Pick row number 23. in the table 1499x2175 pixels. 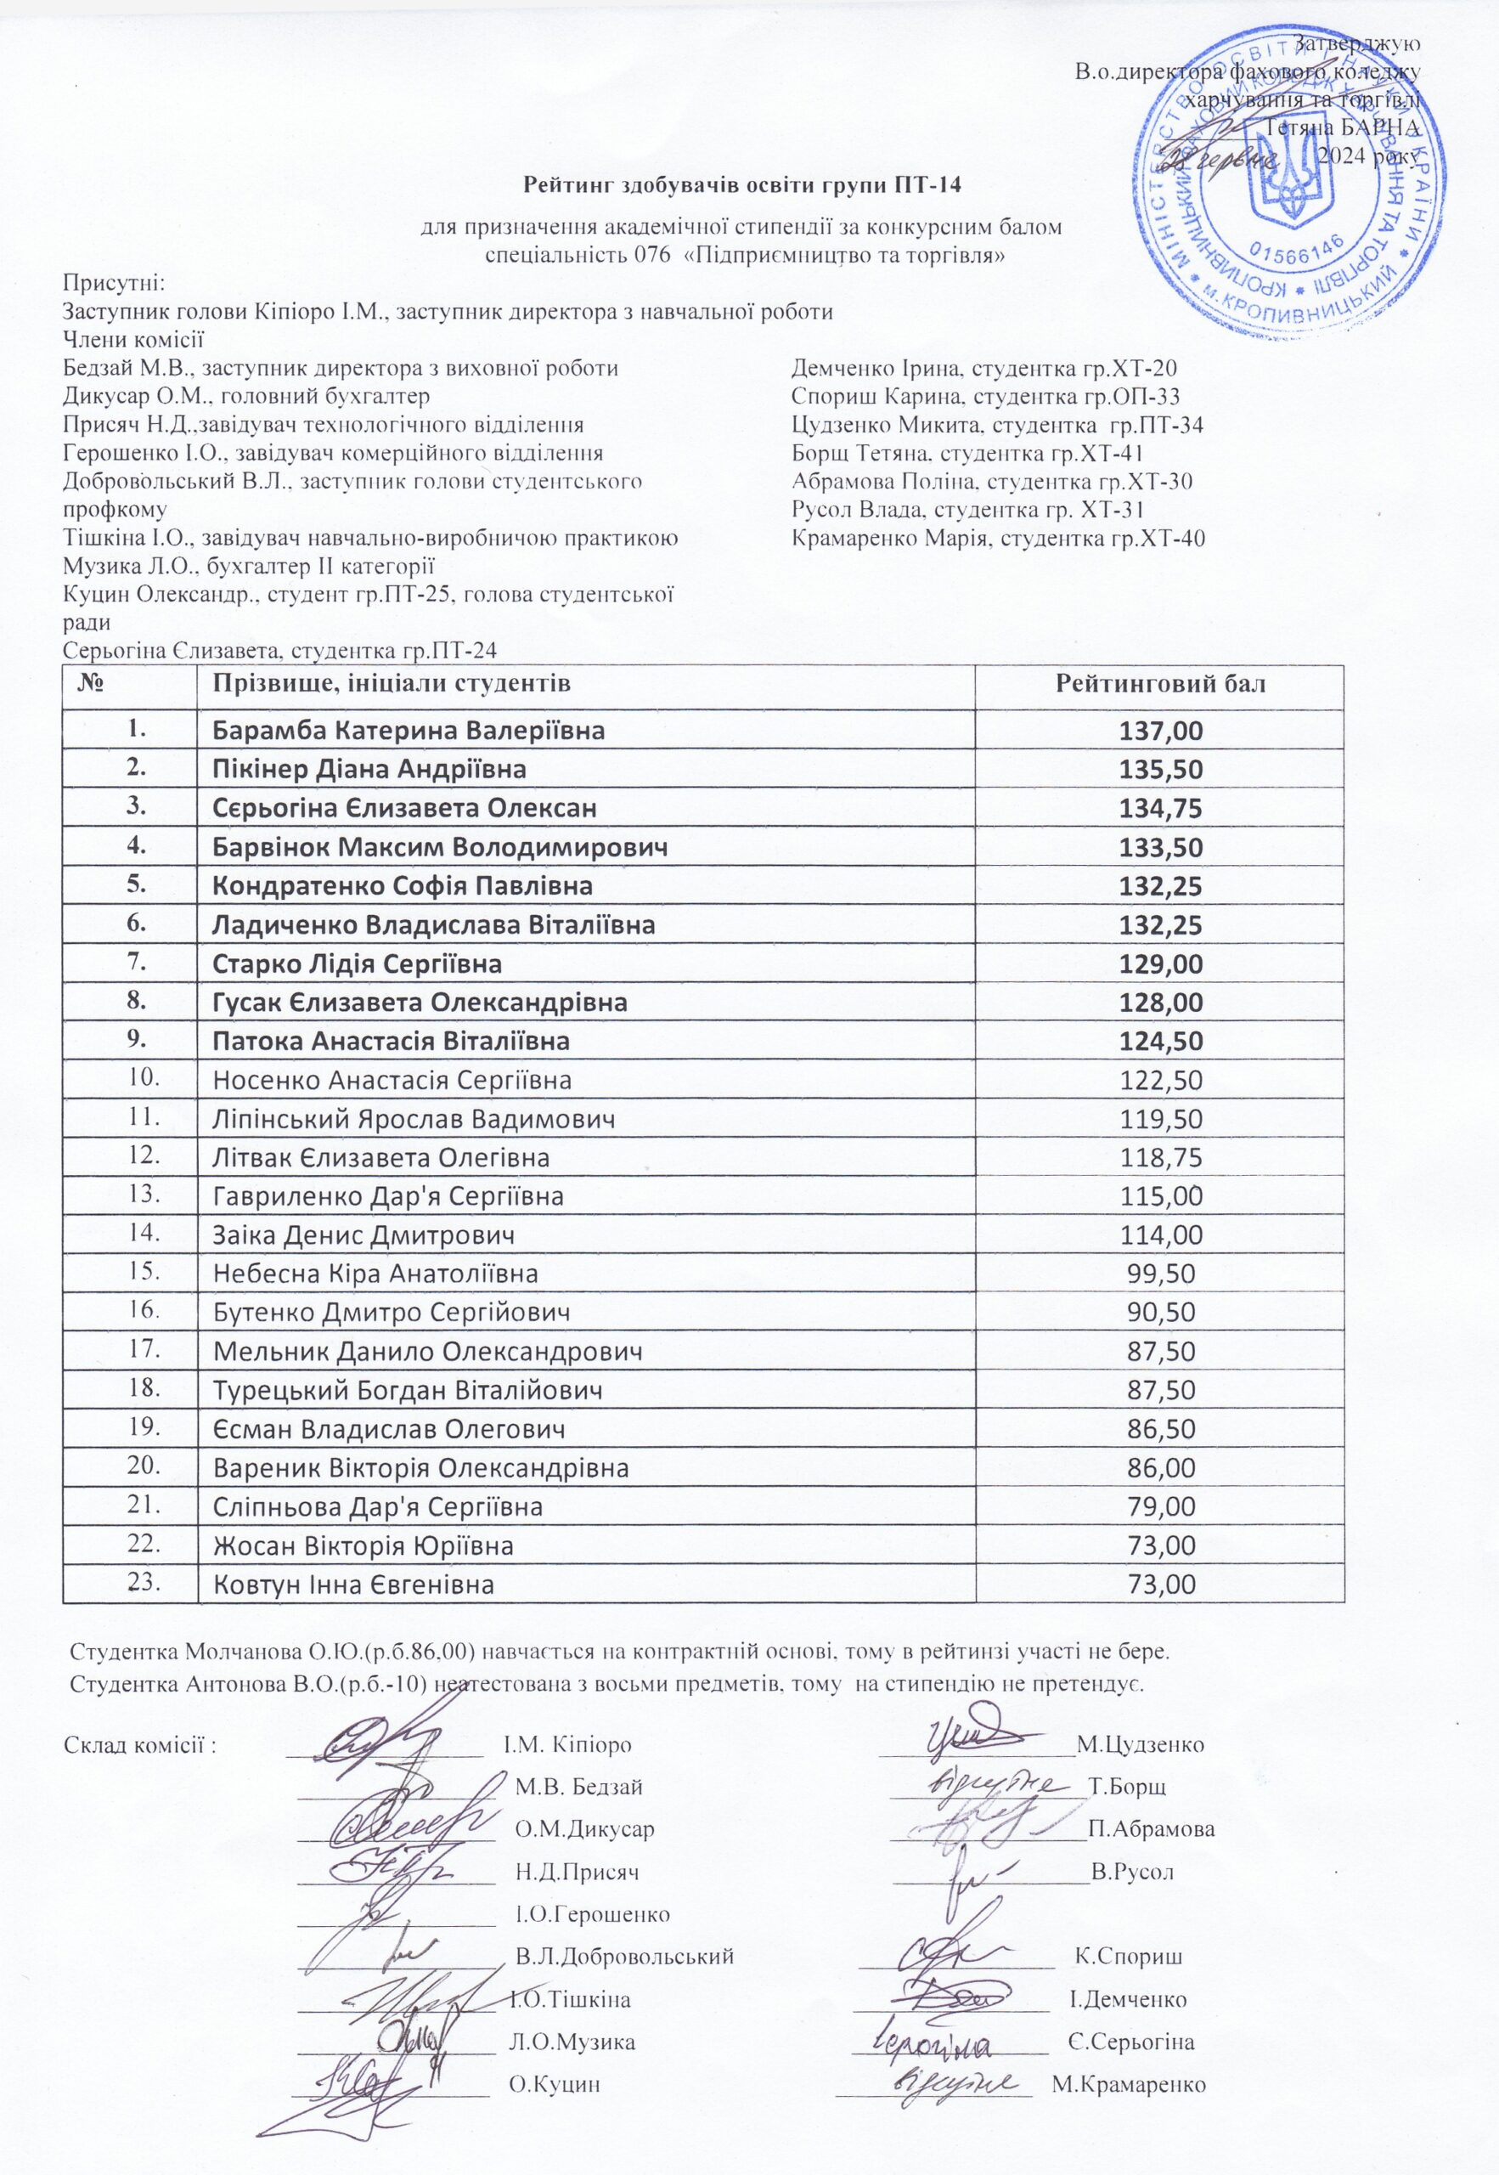point(139,1581)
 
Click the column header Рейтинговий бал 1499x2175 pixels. point(1160,683)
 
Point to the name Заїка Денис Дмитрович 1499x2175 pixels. point(363,1235)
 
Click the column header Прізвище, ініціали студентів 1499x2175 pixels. point(392,683)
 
